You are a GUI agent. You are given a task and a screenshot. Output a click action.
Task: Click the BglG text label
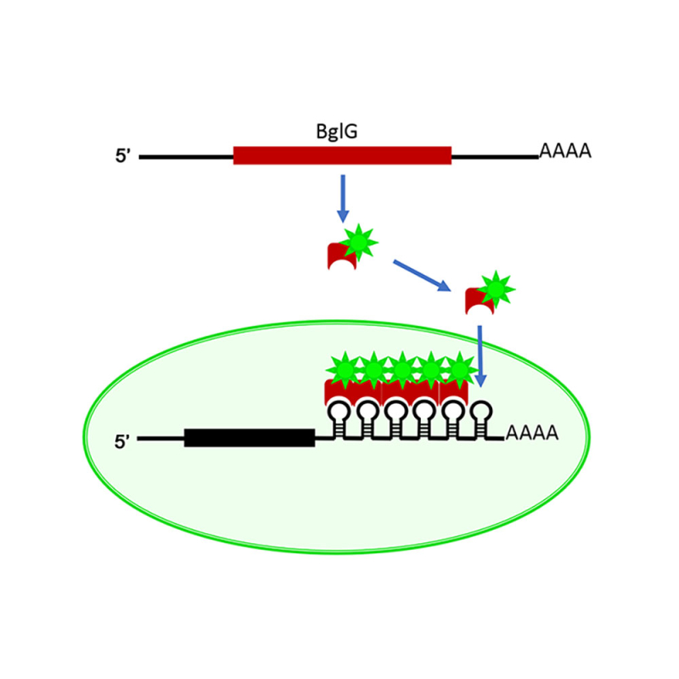(341, 132)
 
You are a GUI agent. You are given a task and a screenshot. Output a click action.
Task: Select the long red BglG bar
(342, 155)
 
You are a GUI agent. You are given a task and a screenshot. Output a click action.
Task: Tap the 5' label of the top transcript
(125, 157)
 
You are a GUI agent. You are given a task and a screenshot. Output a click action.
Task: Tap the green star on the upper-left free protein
(359, 243)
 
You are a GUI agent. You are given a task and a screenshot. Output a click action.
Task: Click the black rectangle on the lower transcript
(250, 438)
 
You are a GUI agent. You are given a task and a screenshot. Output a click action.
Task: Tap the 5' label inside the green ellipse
(123, 441)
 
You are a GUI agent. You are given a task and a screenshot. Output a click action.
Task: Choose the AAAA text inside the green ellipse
(531, 434)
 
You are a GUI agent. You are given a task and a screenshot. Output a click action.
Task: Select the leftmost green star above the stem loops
(344, 369)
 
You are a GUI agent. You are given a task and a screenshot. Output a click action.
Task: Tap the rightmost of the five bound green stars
(459, 369)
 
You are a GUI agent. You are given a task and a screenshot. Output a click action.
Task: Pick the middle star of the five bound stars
(401, 369)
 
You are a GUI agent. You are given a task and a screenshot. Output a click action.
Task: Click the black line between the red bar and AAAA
(494, 156)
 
